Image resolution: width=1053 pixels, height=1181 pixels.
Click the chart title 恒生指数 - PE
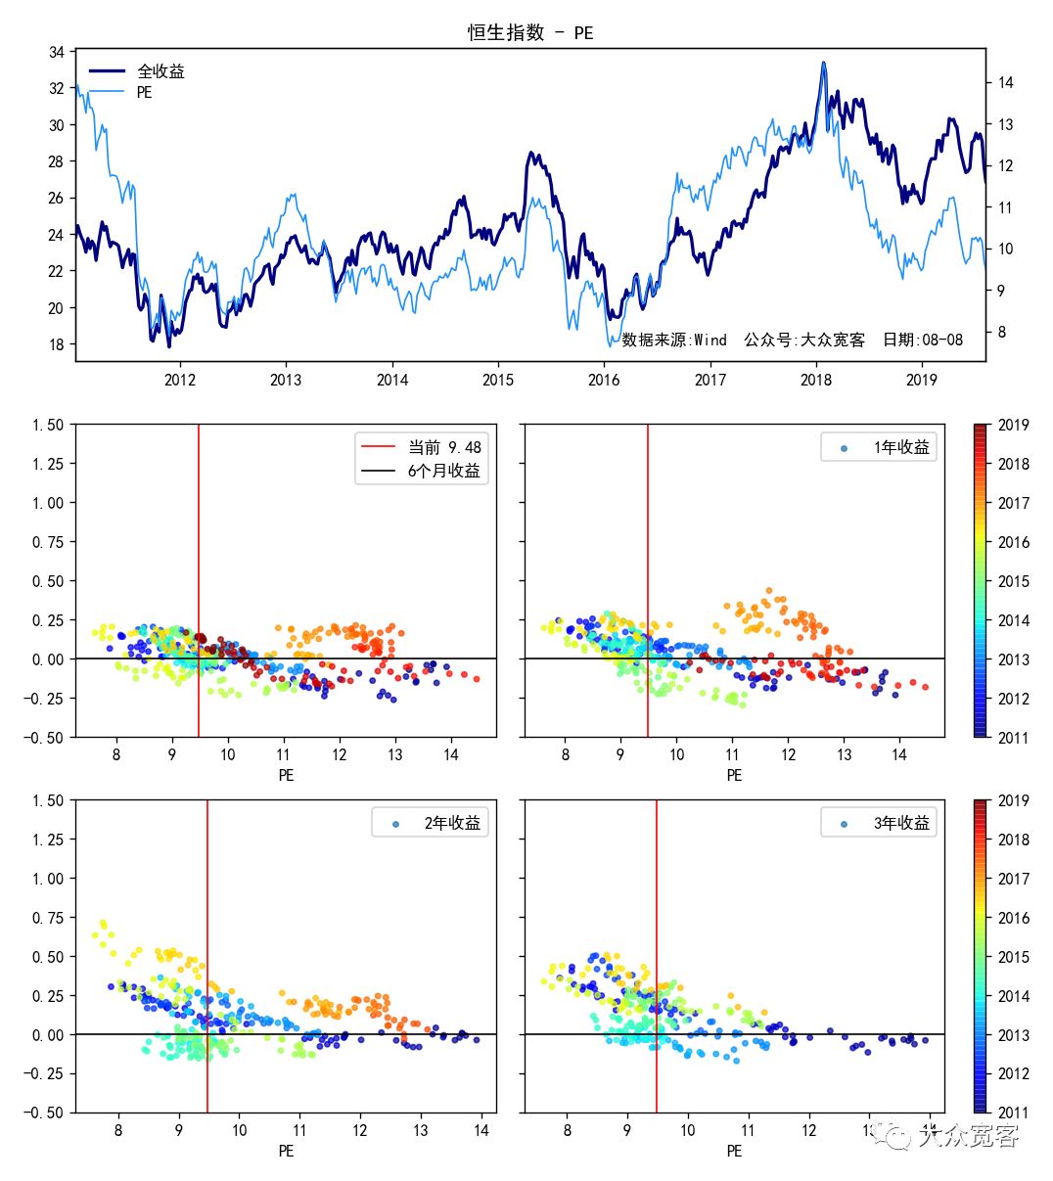530,32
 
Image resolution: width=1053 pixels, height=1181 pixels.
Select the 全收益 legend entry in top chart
160,71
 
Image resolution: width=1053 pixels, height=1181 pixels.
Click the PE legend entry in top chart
144,93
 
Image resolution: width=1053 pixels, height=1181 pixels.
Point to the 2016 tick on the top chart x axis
604,380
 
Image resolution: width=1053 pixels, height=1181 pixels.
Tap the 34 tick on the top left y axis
57,52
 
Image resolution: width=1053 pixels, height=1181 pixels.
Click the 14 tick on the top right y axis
1005,83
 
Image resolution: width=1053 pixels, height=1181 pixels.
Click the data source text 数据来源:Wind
674,341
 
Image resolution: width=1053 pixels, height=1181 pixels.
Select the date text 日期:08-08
923,341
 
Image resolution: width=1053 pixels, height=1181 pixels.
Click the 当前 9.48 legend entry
444,447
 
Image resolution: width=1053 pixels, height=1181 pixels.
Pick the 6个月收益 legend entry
444,471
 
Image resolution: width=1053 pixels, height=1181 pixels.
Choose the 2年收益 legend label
452,823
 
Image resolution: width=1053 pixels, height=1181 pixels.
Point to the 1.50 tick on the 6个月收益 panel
48,425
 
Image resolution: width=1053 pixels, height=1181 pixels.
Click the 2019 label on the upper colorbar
1013,425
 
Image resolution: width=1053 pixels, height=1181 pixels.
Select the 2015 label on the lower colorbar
1013,957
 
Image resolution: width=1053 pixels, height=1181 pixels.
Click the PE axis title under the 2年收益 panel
286,1151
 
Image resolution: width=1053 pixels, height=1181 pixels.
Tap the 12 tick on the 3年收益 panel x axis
809,1130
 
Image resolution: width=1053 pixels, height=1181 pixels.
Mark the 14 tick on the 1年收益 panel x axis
899,754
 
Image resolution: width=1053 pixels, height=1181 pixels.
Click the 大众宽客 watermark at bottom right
974,1135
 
